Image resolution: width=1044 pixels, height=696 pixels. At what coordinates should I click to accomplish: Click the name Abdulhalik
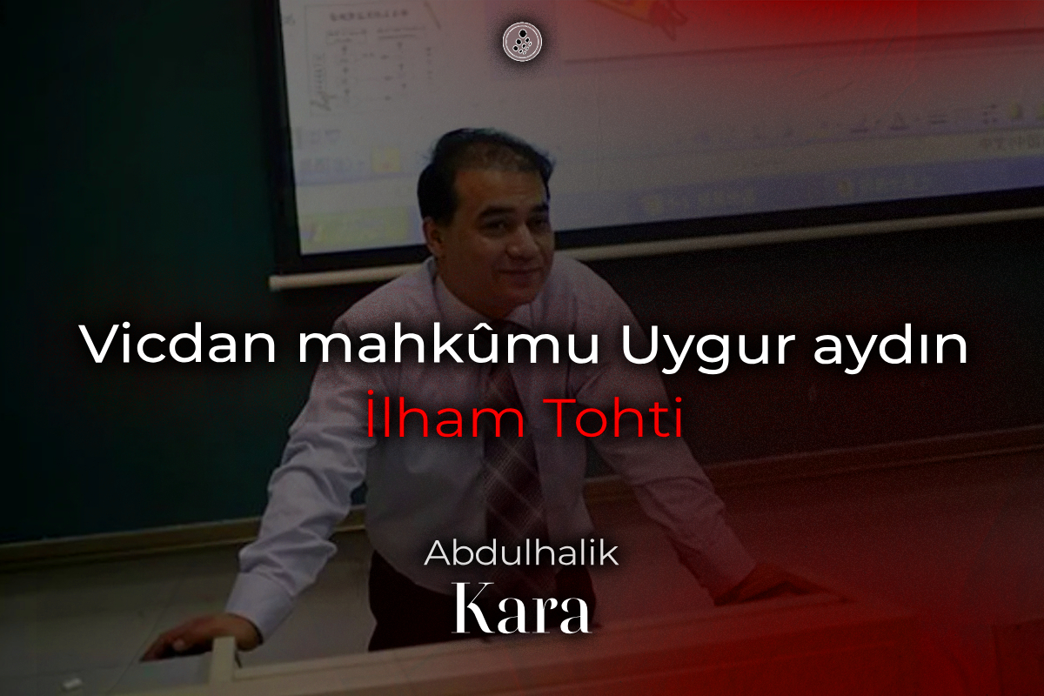click(x=521, y=553)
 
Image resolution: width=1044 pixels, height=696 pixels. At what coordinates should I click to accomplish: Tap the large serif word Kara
click(x=521, y=607)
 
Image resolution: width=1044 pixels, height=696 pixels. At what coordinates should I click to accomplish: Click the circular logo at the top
click(x=522, y=42)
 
